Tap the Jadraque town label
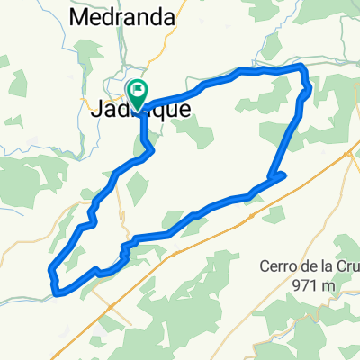[x=140, y=108]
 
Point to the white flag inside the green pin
[x=139, y=90]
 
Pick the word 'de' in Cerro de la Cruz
[x=311, y=266]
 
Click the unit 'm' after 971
[x=328, y=285]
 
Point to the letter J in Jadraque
[x=97, y=108]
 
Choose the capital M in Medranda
[x=76, y=16]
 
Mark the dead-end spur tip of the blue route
[x=284, y=174]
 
